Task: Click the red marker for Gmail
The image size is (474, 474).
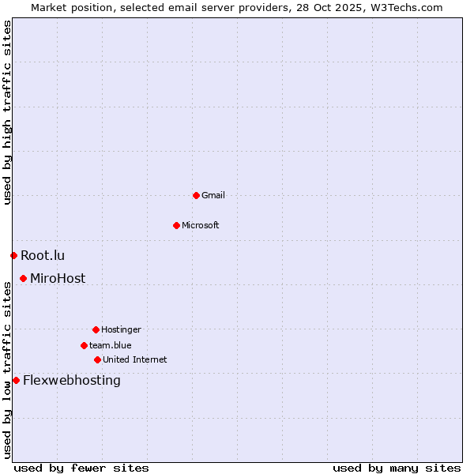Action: point(196,195)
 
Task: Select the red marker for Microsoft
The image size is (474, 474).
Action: point(176,225)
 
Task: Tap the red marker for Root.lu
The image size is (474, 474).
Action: point(13,255)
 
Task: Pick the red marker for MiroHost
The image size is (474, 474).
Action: point(23,278)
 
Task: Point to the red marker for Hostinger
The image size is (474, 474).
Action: point(96,329)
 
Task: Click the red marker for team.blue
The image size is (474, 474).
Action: point(84,345)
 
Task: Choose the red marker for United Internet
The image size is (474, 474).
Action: point(97,359)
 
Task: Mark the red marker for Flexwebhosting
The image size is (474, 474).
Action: point(16,380)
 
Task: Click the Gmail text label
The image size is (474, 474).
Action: point(213,195)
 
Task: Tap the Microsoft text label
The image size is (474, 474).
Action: point(201,225)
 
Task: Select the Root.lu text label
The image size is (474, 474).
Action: point(43,255)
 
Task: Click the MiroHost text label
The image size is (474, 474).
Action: point(58,278)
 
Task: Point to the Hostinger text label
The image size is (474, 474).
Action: point(121,329)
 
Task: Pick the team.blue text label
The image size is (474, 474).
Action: point(111,345)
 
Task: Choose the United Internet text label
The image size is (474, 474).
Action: point(135,359)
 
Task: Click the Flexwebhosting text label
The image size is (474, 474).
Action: point(72,380)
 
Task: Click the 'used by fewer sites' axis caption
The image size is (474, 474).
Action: point(81,468)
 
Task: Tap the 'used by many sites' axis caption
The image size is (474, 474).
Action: point(397,468)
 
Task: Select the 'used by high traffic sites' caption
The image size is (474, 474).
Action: point(7,112)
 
